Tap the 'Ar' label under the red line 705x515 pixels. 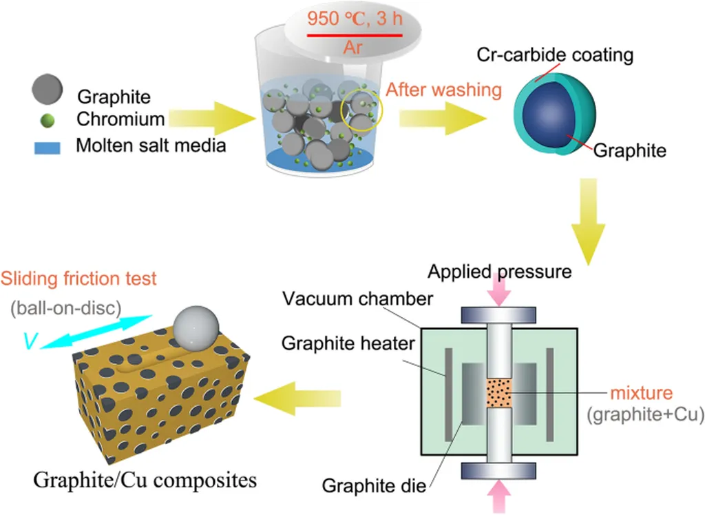[352, 48]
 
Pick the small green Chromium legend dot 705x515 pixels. [48, 121]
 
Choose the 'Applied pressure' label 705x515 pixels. [500, 272]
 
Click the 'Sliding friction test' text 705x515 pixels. [78, 279]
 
